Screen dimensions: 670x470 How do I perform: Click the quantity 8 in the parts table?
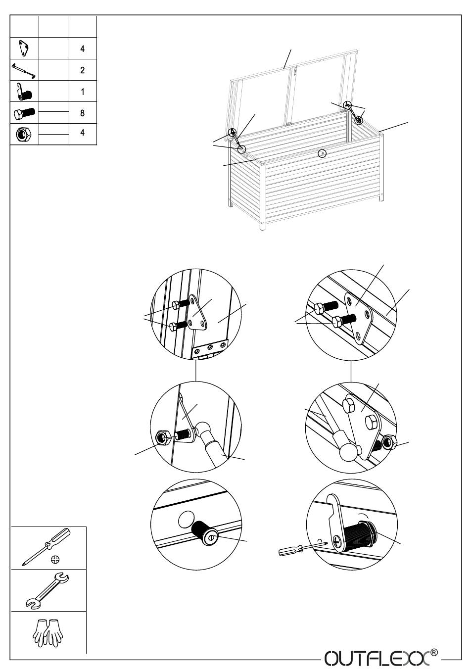tap(82, 113)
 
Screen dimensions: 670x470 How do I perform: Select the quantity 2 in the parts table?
tap(82, 70)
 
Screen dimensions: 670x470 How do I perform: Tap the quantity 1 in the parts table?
tap(82, 92)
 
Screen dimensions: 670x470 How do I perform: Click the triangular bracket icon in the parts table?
tap(24, 48)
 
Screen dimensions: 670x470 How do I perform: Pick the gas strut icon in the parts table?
tap(24, 70)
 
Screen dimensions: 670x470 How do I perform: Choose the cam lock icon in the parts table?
tap(24, 92)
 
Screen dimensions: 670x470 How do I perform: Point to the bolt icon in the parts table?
tap(24, 113)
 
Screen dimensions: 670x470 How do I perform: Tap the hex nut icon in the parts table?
tap(24, 134)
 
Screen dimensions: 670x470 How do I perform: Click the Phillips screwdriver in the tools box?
tap(46, 546)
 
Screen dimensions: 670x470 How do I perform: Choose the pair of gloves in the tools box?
tap(47, 633)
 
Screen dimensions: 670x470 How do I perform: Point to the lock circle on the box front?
tap(322, 153)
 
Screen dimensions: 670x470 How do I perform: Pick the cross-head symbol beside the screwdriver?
tap(55, 560)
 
